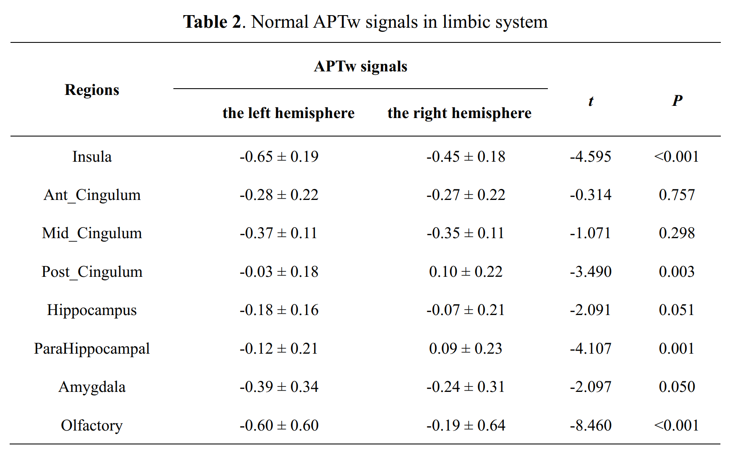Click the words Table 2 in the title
[212, 22]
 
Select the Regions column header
[92, 90]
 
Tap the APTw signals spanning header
[361, 66]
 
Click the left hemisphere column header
[288, 113]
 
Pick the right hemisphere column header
[459, 113]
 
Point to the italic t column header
[591, 101]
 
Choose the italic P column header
[677, 100]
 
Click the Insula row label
[92, 157]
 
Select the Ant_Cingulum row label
[92, 195]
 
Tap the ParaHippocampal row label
[92, 349]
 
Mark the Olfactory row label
[92, 425]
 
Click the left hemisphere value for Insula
[279, 157]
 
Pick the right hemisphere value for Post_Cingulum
[466, 272]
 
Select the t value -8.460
[591, 425]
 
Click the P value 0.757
[677, 195]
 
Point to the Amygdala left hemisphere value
[279, 387]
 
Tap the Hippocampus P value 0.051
[677, 310]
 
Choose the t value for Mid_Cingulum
[591, 233]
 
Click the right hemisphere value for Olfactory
[466, 425]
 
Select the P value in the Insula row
[677, 157]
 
